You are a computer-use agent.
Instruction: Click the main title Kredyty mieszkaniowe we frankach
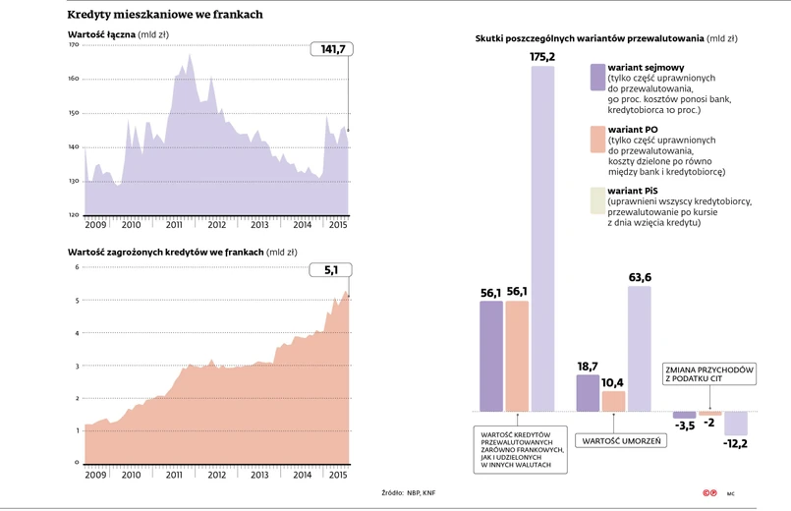(x=164, y=15)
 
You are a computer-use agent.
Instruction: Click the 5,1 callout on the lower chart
(x=331, y=270)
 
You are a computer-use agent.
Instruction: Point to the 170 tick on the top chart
(x=74, y=45)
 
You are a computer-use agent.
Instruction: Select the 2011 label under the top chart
(x=174, y=225)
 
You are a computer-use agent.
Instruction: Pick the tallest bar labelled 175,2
(x=542, y=236)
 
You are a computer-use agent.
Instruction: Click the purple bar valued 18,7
(x=588, y=392)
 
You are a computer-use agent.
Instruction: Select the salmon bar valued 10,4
(x=614, y=401)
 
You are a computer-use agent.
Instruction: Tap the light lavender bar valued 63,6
(x=640, y=348)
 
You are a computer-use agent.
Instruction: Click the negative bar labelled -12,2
(x=735, y=423)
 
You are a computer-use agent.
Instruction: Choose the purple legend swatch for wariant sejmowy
(x=597, y=77)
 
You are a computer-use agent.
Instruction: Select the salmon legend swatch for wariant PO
(x=597, y=140)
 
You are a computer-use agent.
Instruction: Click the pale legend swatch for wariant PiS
(x=597, y=200)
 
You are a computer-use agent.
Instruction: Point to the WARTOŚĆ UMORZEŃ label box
(x=621, y=440)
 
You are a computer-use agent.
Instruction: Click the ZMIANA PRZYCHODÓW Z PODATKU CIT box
(x=708, y=373)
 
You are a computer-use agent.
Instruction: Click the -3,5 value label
(x=684, y=425)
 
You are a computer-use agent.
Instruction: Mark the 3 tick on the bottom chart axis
(x=78, y=366)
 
